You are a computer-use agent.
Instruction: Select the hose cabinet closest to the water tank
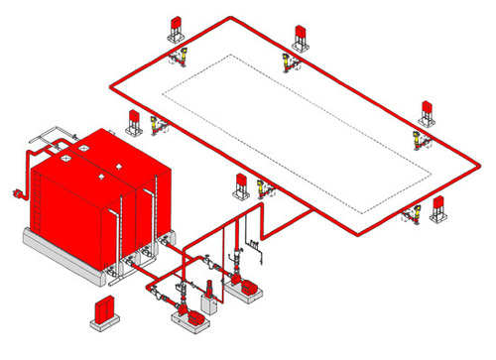(133, 121)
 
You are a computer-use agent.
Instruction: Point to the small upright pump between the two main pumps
(210, 294)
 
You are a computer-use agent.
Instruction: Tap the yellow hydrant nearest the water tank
(155, 125)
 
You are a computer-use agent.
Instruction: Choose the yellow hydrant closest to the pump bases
(262, 187)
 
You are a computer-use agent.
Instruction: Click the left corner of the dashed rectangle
(162, 96)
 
